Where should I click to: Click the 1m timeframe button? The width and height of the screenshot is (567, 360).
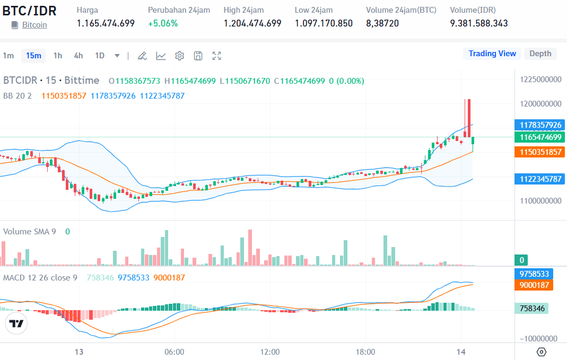click(x=8, y=56)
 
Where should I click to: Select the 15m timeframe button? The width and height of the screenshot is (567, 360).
click(x=33, y=56)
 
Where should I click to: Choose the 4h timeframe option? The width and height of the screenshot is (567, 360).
click(x=78, y=56)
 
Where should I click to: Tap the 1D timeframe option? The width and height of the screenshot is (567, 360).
click(x=100, y=56)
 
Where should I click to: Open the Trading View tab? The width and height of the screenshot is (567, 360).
click(x=492, y=54)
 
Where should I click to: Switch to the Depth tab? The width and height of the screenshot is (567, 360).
click(x=540, y=54)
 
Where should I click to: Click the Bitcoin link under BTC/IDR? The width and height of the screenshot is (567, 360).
click(x=34, y=25)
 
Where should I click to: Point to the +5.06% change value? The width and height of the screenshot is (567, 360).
click(x=163, y=23)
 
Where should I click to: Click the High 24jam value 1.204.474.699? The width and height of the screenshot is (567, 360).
click(x=252, y=23)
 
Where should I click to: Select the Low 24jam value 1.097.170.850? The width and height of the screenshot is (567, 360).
click(x=324, y=23)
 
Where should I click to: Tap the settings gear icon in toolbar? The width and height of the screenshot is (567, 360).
click(x=179, y=56)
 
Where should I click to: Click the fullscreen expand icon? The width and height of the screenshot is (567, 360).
click(x=216, y=56)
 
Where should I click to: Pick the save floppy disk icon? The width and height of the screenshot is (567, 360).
click(x=198, y=56)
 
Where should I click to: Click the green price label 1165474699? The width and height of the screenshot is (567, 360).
click(x=540, y=137)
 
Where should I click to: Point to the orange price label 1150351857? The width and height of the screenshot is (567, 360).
click(x=540, y=152)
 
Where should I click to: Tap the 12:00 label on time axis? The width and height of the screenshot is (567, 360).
click(x=270, y=352)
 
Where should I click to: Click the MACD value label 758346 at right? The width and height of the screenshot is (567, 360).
click(x=533, y=308)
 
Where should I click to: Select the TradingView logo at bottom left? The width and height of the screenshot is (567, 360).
click(x=16, y=323)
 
